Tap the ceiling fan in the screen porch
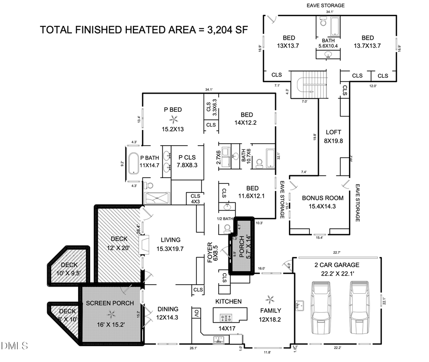[x=112, y=314]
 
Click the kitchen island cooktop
[x=225, y=317]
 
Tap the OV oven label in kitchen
[x=196, y=313]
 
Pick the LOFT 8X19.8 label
[x=333, y=136]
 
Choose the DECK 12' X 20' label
[x=119, y=243]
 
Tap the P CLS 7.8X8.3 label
[x=187, y=161]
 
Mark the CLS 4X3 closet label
[x=195, y=198]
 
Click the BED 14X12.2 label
[x=246, y=118]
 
